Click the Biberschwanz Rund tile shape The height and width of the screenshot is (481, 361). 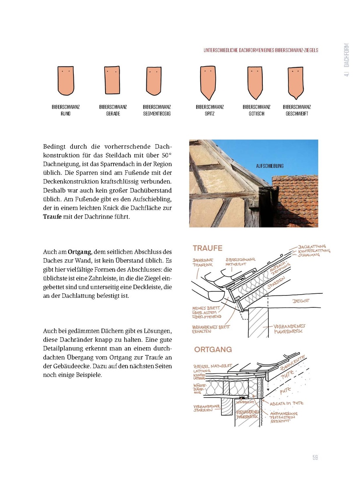click(66, 81)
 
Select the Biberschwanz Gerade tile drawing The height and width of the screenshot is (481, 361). click(113, 81)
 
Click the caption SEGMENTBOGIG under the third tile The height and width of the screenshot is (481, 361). click(157, 114)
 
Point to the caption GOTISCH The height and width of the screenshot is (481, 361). click(256, 114)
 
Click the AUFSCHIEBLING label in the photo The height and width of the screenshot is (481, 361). click(270, 166)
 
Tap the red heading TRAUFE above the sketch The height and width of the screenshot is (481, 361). click(207, 248)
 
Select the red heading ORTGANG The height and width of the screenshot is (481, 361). click(213, 350)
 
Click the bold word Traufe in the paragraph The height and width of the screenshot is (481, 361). click(52, 217)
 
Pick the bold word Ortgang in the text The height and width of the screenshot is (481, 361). click(80, 252)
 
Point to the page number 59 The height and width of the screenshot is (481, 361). click(315, 458)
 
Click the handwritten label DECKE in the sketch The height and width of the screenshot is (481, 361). click(300, 301)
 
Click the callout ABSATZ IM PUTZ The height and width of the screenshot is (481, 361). click(287, 403)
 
